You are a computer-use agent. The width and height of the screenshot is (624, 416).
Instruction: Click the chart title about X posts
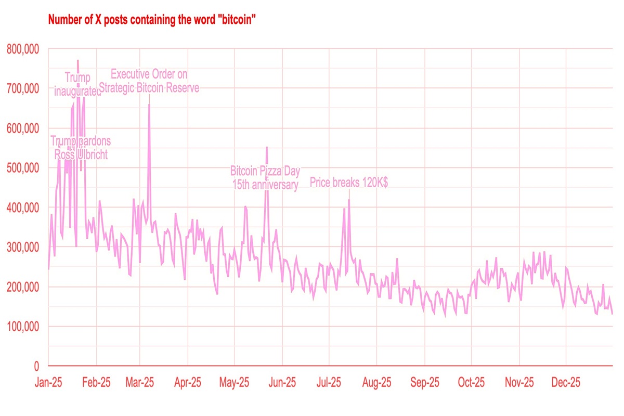[x=151, y=20]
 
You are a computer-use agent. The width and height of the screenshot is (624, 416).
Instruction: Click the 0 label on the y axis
[x=36, y=366]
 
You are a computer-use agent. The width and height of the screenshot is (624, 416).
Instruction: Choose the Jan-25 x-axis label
[x=48, y=383]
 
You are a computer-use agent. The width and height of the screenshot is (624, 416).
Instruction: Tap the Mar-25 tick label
[x=140, y=383]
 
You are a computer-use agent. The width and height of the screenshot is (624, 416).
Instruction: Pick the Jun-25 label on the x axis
[x=282, y=383]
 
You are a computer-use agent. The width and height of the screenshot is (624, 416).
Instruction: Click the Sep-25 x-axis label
[x=424, y=383]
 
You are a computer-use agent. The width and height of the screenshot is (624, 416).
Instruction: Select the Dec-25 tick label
[x=566, y=383]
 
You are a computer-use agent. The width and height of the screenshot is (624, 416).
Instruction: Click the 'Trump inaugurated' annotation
[x=78, y=84]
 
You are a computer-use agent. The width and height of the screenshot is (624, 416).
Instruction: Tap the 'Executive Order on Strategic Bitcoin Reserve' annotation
[x=149, y=81]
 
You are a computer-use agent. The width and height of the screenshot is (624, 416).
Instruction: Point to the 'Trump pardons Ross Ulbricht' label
[x=81, y=148]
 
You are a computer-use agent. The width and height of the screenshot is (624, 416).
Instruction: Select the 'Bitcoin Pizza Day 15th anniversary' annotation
[x=265, y=178]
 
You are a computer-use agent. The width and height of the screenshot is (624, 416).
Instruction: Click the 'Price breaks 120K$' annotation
[x=349, y=183]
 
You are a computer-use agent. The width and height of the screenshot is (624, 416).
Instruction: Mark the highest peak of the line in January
[x=78, y=61]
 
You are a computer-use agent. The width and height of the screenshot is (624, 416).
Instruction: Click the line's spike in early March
[x=149, y=105]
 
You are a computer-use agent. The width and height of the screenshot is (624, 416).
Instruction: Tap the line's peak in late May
[x=267, y=147]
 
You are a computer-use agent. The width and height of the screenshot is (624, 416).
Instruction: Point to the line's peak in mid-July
[x=349, y=200]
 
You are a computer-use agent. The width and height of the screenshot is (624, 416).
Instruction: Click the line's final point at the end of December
[x=613, y=314]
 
